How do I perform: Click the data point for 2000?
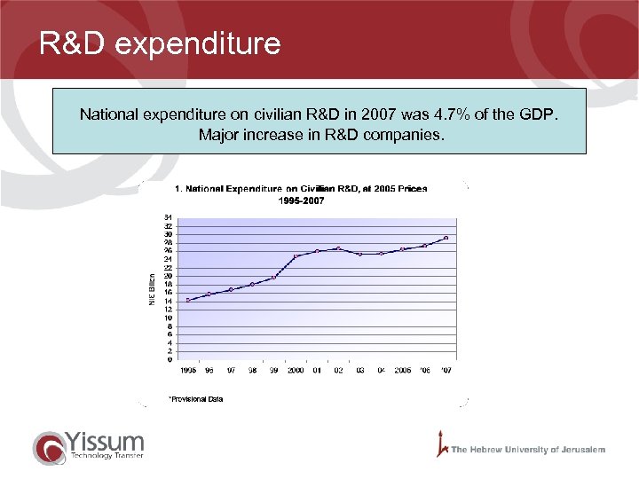(x=296, y=256)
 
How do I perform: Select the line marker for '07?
(x=446, y=238)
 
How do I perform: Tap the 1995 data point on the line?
(x=188, y=300)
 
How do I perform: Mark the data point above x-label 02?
(x=338, y=248)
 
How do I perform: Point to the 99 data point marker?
(x=273, y=278)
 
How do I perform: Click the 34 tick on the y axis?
(x=168, y=217)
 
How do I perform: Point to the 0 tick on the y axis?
(x=170, y=360)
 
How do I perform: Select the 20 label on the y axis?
(x=168, y=276)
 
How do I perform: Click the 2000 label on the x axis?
(x=296, y=370)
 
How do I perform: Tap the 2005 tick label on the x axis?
(x=402, y=370)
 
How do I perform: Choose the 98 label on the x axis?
(x=252, y=370)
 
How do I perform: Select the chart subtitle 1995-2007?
(x=302, y=200)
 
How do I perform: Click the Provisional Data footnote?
(x=196, y=399)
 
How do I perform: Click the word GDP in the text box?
(x=542, y=114)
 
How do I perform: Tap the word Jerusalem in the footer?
(x=581, y=450)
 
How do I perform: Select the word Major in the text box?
(x=218, y=136)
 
